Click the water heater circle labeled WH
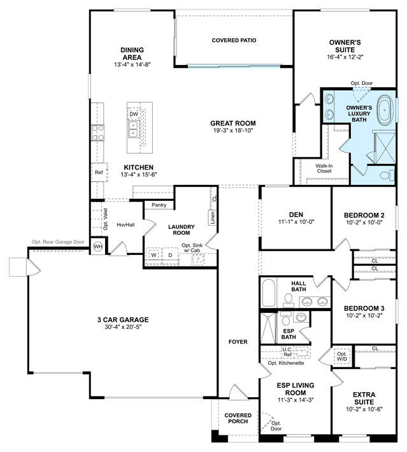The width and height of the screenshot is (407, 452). pos(98,247)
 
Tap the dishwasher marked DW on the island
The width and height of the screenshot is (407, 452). pos(134,114)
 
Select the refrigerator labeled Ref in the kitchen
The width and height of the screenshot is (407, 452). pos(99,172)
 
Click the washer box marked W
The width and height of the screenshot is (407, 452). pos(154,255)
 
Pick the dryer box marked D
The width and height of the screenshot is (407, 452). pos(170,255)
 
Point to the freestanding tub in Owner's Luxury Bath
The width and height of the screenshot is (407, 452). pos(385,111)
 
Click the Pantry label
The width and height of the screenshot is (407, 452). pos(159,205)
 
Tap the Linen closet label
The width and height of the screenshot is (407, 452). pos(213,217)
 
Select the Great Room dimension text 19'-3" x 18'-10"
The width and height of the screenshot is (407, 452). pos(233,131)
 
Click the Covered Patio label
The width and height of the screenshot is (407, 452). pos(234,40)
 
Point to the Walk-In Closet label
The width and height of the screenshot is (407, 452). pos(324,168)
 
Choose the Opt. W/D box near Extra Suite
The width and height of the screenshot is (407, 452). pos(342,356)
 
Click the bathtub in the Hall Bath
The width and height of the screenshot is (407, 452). pos(269,293)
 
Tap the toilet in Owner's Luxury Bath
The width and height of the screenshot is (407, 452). pos(387,175)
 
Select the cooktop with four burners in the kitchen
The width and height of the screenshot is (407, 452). pos(97,133)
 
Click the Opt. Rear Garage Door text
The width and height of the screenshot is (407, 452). pos(58,242)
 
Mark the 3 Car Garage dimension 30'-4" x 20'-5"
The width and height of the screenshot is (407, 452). pos(123,327)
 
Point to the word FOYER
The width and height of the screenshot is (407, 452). pos(238,342)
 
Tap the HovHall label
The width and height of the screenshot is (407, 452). pos(125,224)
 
